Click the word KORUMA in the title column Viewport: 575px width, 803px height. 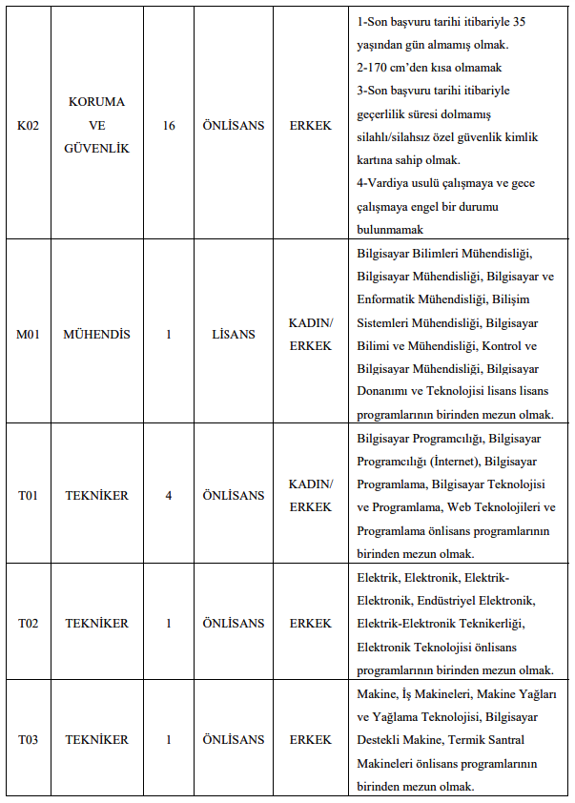(96, 102)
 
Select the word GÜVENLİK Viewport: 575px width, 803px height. (96, 149)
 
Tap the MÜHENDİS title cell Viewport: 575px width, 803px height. (96, 335)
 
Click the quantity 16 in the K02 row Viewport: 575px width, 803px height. (169, 125)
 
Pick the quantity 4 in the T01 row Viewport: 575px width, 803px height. (169, 496)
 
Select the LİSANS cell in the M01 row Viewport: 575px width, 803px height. (234, 335)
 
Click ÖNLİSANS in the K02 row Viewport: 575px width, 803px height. (234, 125)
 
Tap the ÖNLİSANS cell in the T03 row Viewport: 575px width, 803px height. (234, 739)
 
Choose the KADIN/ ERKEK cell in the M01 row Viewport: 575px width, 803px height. (311, 335)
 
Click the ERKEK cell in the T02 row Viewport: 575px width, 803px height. (311, 623)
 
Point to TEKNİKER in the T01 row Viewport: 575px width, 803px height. (96, 496)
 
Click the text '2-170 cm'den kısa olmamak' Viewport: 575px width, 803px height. (429, 68)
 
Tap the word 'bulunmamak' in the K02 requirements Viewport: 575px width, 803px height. (390, 230)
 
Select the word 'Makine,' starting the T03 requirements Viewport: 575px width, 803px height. (378, 693)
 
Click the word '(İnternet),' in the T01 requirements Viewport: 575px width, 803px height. (451, 462)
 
